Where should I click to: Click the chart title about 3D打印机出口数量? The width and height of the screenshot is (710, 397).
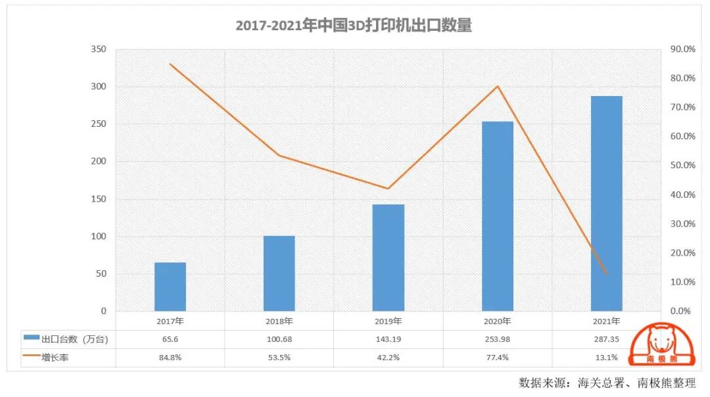(354, 26)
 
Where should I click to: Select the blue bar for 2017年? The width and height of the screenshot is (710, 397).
(170, 287)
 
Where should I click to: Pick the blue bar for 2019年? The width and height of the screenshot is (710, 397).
(389, 258)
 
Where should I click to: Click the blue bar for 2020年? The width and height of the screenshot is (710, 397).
(498, 216)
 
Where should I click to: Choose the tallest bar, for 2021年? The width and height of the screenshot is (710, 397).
(606, 204)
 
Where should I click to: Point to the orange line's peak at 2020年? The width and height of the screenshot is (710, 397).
(498, 86)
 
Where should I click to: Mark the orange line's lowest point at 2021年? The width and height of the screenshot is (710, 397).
(606, 273)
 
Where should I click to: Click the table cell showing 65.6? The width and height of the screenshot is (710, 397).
(170, 339)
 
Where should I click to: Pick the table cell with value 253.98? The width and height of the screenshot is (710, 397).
(498, 339)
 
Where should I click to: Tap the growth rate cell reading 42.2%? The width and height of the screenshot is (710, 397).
(389, 358)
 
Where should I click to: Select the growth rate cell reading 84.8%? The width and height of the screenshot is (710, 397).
(170, 358)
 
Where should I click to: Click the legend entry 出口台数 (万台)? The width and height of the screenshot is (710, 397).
(66, 339)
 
